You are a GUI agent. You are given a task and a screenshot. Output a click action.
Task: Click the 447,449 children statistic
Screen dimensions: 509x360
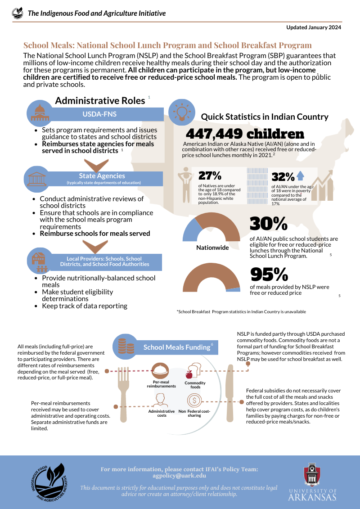point(245,134)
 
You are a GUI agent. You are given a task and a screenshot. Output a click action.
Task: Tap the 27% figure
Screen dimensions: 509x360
point(210,176)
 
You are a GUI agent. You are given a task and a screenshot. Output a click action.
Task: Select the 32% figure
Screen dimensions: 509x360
point(283,176)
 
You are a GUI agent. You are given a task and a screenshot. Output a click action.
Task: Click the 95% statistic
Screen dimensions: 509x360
point(269,274)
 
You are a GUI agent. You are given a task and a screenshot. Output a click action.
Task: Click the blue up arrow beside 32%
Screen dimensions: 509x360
point(301,176)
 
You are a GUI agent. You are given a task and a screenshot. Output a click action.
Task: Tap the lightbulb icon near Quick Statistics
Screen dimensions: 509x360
point(182,111)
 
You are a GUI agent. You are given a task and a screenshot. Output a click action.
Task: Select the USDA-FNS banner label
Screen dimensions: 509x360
point(99,114)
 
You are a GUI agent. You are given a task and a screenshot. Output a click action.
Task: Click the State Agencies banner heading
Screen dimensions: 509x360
point(102,176)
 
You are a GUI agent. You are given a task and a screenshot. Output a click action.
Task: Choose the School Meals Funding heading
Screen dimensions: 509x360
point(177,347)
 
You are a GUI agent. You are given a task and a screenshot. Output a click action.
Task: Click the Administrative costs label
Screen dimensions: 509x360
point(161,413)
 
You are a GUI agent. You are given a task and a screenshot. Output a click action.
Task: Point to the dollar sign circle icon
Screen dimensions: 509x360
point(194,400)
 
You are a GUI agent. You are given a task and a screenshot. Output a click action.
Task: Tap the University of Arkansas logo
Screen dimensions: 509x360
point(312,482)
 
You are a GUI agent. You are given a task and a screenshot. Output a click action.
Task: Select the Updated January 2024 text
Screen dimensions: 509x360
point(314,27)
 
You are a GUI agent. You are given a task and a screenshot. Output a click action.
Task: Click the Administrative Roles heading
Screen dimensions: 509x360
point(100,100)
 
